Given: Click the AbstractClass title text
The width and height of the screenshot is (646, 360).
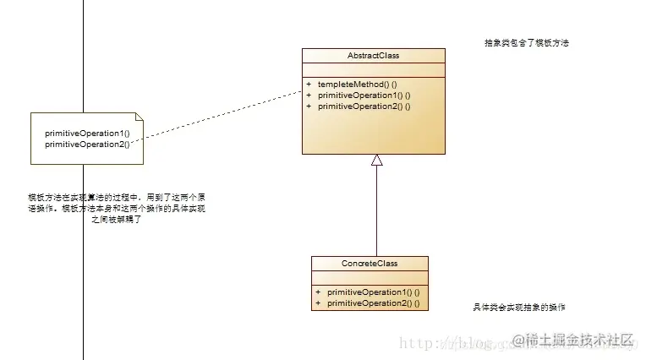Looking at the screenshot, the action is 373,56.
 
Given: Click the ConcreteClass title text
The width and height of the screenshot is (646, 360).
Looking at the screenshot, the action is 370,264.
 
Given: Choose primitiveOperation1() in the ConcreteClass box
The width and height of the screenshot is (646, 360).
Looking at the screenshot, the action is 373,292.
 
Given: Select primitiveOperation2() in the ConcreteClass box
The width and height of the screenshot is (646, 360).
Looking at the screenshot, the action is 373,303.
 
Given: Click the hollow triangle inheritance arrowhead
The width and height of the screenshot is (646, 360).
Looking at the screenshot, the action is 377,161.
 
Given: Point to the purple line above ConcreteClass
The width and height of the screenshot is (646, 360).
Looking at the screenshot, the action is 377,211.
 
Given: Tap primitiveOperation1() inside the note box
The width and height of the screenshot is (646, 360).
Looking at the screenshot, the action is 87,134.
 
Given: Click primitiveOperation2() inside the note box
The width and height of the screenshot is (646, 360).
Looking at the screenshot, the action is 87,144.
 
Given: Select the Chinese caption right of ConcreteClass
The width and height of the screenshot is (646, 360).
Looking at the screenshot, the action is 519,308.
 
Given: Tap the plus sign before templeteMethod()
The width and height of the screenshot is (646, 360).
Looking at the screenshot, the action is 309,85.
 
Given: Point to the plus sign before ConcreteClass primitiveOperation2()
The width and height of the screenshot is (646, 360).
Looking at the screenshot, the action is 319,303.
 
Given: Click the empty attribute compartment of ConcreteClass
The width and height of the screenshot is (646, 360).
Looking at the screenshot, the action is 370,278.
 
